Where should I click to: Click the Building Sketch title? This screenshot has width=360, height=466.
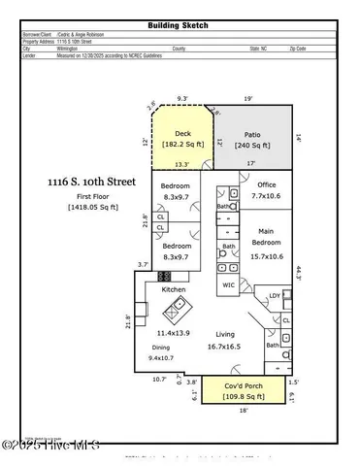(179, 25)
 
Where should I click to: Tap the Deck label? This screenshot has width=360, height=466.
(182, 134)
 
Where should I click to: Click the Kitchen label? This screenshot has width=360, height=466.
(174, 290)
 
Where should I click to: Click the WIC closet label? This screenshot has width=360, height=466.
(229, 285)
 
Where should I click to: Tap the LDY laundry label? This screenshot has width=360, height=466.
(275, 295)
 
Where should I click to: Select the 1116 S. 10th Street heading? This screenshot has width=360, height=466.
(90, 182)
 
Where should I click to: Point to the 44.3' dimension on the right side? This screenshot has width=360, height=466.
(302, 273)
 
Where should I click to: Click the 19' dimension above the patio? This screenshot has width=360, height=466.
(249, 98)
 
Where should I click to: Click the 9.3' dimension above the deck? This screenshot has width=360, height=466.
(182, 98)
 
